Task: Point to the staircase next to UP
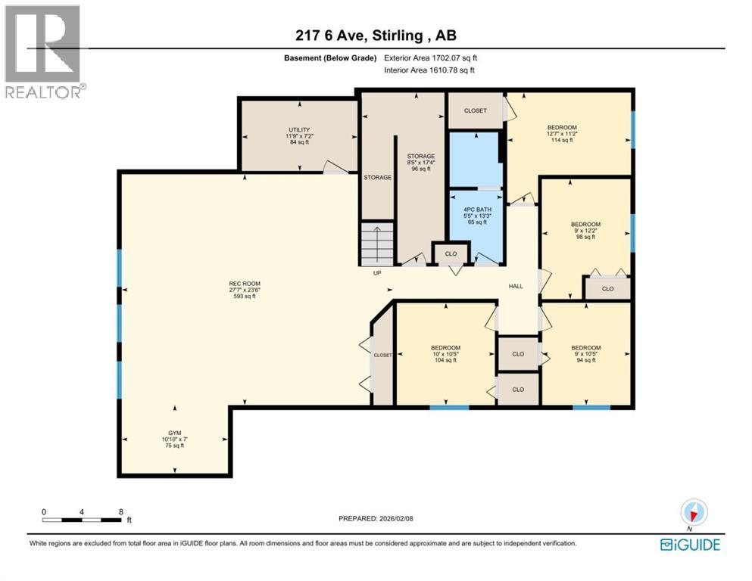tap(377, 243)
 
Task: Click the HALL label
tap(516, 287)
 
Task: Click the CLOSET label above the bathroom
tap(476, 110)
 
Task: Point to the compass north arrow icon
tap(694, 511)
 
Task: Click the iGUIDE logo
tap(690, 544)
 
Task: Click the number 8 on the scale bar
tap(121, 511)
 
